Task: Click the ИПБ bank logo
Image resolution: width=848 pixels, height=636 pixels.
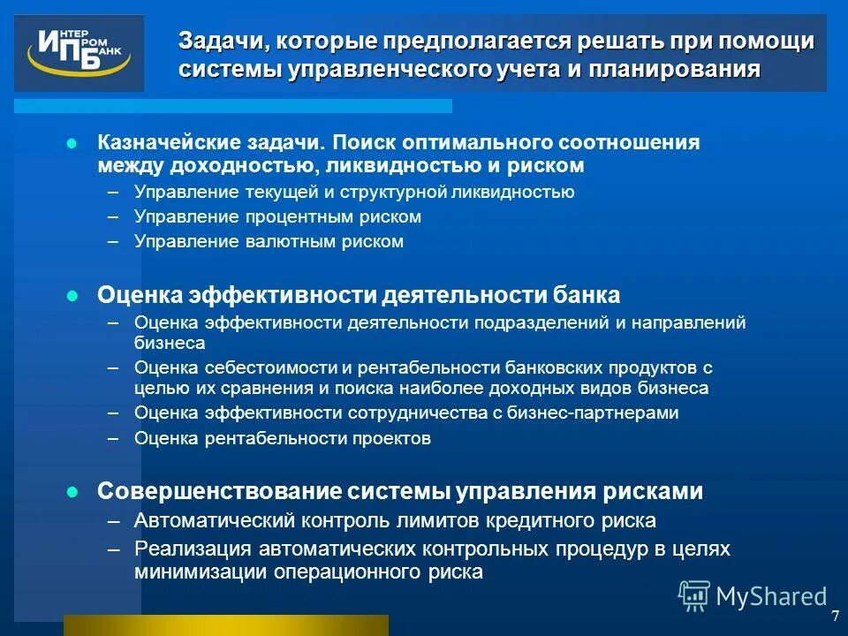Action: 78,53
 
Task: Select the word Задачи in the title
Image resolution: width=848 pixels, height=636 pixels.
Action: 221,41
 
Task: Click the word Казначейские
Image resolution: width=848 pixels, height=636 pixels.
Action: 155,142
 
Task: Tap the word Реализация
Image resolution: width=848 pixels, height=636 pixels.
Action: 188,549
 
